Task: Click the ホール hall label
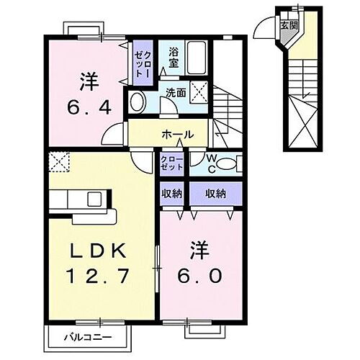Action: point(177,135)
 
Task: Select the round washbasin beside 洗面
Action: point(136,103)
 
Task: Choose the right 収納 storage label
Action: point(215,194)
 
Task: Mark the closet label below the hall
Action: point(171,163)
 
